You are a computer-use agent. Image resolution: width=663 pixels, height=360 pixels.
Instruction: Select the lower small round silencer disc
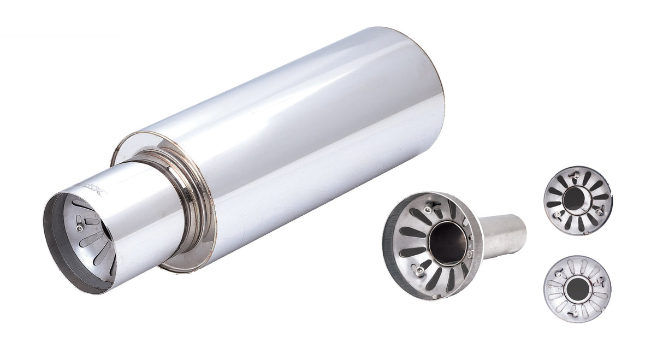pyautogui.click(x=577, y=289)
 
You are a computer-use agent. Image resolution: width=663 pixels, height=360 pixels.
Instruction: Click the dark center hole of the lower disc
pyautogui.click(x=576, y=288)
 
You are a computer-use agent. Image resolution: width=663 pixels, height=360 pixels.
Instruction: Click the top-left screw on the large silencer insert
pyautogui.click(x=431, y=206)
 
